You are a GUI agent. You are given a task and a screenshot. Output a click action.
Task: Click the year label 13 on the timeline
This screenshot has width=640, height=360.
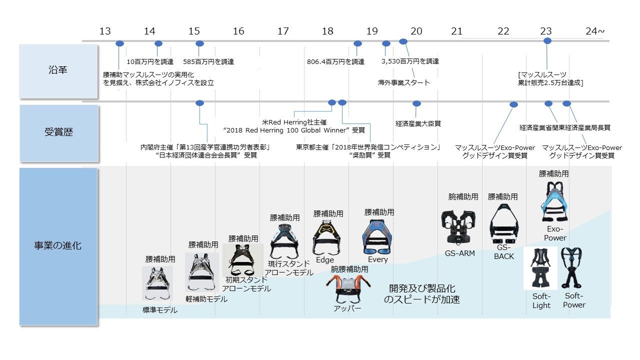(105, 31)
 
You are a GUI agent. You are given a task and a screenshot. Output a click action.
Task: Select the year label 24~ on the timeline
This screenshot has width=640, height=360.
(595, 31)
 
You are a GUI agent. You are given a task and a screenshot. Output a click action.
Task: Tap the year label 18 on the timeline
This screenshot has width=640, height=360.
(327, 31)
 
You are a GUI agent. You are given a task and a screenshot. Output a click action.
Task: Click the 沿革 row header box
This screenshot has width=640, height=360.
(58, 70)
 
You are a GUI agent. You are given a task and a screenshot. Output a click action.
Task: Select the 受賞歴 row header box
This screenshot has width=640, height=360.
(58, 132)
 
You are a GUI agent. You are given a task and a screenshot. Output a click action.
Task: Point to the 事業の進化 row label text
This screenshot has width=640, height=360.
(58, 245)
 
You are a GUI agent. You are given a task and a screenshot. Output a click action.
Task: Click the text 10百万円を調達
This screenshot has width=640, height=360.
(150, 62)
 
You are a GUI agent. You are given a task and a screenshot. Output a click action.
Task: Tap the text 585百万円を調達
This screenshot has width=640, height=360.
(208, 62)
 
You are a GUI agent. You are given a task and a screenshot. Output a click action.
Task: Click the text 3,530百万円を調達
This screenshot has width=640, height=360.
(410, 61)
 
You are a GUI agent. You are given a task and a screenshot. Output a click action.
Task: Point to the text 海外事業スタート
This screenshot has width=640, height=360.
(404, 82)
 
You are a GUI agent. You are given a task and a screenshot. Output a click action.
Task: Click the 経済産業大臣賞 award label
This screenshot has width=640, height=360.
(418, 123)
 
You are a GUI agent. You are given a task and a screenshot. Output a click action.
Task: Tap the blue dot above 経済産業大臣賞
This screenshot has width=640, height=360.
(416, 103)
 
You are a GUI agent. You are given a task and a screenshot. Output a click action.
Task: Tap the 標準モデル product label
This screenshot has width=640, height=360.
(160, 310)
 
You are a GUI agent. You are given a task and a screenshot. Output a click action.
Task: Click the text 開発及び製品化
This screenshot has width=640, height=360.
(422, 289)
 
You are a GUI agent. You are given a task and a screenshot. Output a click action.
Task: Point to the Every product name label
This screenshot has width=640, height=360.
(377, 259)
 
